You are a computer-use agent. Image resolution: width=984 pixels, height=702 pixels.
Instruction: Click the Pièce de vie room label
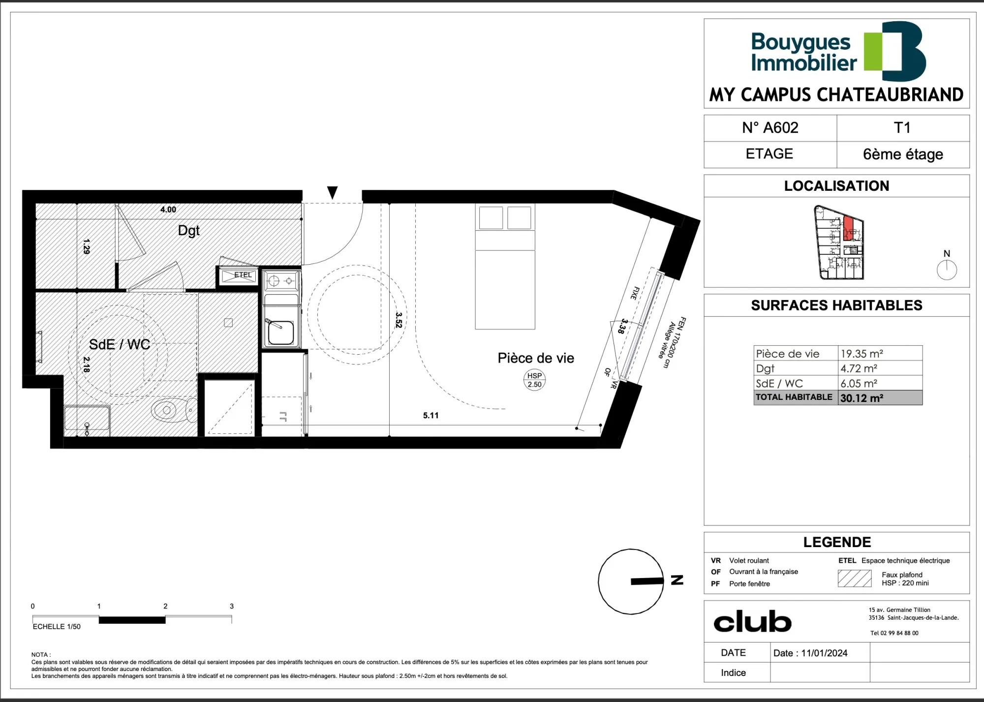536,358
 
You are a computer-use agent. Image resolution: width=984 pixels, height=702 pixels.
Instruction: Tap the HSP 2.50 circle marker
534,380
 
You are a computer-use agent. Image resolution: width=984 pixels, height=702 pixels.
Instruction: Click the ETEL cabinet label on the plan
243,275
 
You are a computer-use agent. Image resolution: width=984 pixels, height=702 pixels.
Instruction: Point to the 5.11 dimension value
430,416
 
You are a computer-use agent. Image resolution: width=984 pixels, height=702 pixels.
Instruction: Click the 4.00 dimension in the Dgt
168,210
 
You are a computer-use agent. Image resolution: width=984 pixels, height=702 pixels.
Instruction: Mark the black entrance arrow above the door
333,192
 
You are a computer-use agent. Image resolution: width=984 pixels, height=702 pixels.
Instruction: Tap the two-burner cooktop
281,281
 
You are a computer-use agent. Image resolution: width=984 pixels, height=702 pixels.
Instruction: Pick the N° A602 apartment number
770,128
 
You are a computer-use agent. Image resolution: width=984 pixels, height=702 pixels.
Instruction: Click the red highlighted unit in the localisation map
848,228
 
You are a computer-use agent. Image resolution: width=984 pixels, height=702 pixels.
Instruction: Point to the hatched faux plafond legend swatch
854,579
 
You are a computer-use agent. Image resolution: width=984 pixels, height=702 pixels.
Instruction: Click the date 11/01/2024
824,653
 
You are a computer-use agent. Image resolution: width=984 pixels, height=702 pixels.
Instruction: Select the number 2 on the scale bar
165,607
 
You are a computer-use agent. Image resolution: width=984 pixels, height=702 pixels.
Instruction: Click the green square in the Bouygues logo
874,51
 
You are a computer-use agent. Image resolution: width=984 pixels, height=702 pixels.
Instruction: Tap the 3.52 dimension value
399,320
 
